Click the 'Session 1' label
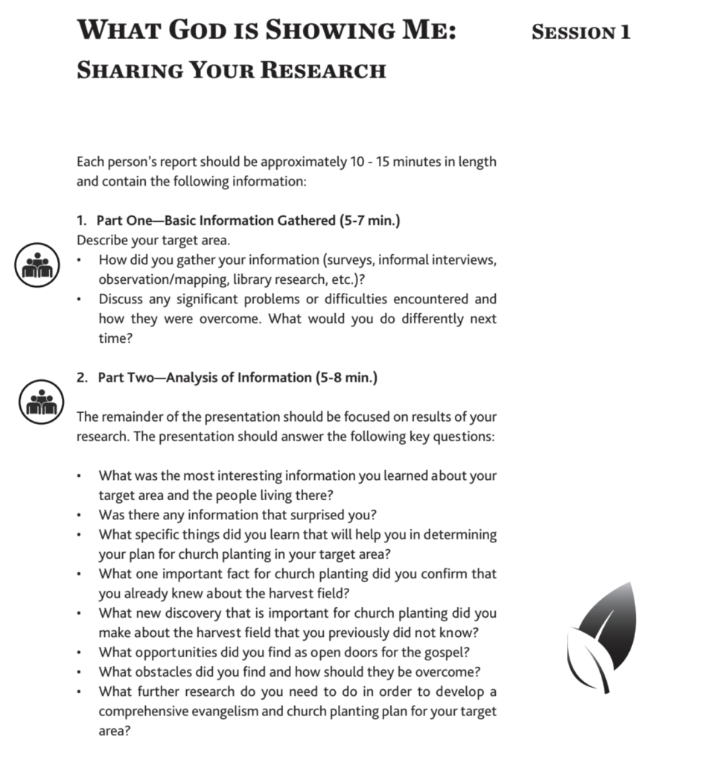click(581, 32)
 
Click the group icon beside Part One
click(36, 265)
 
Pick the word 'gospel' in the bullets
click(445, 653)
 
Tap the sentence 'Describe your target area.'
click(153, 240)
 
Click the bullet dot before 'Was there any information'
click(80, 515)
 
